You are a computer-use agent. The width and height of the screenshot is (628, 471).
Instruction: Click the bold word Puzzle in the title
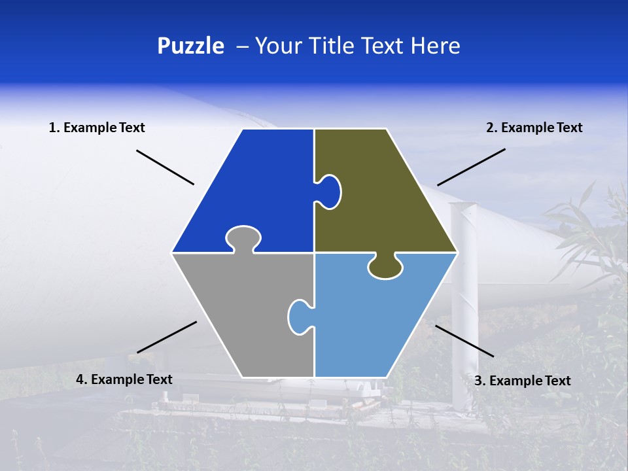click(x=190, y=46)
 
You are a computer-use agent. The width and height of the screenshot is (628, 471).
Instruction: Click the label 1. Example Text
click(x=97, y=128)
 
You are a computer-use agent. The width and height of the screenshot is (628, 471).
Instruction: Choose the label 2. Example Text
click(x=534, y=128)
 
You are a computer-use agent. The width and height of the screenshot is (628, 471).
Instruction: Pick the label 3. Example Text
click(x=522, y=381)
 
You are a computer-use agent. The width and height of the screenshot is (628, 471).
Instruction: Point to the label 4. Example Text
click(x=124, y=379)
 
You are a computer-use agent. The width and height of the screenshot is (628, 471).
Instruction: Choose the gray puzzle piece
click(x=242, y=314)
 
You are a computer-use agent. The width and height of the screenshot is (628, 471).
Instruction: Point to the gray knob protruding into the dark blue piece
click(x=243, y=237)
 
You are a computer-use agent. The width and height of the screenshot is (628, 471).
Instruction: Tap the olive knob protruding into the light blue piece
click(x=385, y=266)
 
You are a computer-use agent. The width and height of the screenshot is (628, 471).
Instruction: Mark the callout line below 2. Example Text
click(x=471, y=167)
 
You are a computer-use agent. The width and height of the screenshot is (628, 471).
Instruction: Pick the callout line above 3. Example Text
click(x=464, y=341)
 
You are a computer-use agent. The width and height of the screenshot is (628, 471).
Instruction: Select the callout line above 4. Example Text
click(x=167, y=337)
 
